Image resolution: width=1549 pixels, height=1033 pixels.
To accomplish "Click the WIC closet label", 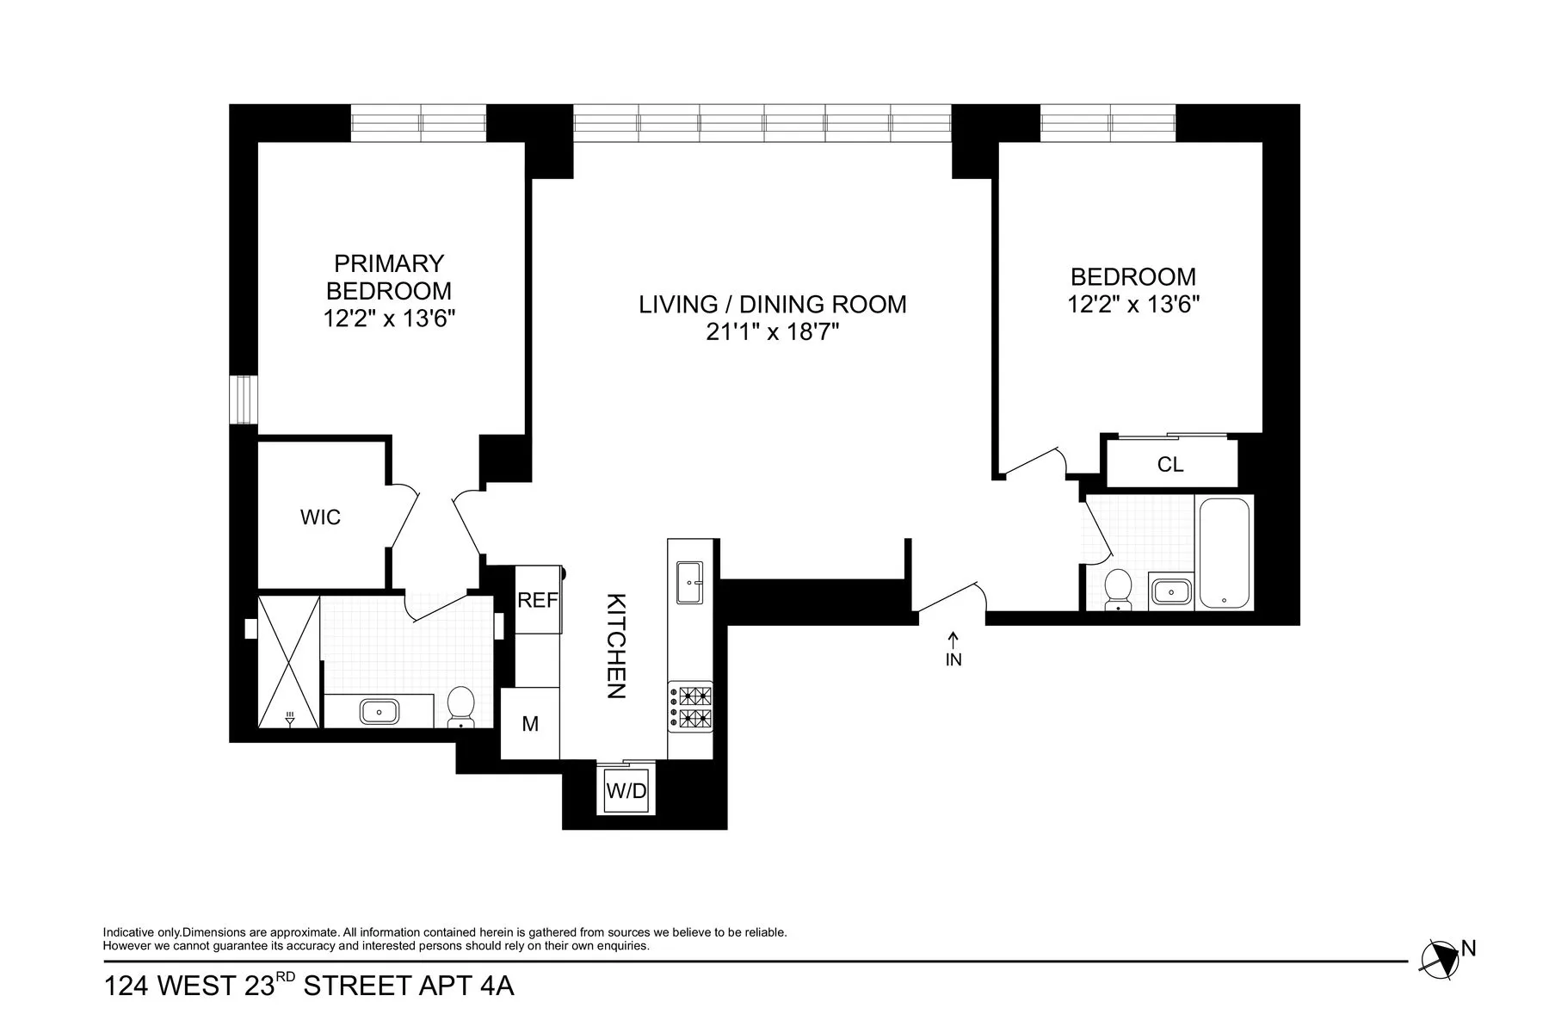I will point(320,517).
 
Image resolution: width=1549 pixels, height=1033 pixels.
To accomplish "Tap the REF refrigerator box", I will point(538,600).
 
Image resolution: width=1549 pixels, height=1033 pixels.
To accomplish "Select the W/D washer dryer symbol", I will point(626,790).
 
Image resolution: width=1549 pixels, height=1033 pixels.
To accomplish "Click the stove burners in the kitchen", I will point(690,707).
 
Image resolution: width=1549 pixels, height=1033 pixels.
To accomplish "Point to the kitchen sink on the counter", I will point(689,583).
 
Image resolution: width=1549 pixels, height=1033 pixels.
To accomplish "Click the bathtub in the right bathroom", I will point(1224,553).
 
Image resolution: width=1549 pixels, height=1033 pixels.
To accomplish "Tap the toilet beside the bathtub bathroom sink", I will point(1118,590).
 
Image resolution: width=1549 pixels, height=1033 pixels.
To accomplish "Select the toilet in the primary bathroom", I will point(461,707).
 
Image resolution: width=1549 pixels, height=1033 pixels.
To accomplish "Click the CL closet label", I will point(1170,465).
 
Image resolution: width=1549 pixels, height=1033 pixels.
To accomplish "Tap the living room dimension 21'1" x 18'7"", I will point(772,332).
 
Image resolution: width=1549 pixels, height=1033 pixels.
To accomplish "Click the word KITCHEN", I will point(616,646).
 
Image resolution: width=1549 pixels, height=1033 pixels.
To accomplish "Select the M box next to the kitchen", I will point(530,724).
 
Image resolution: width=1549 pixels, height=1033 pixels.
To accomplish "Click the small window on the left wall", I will point(244,399).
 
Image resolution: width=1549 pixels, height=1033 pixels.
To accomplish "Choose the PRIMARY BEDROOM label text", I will point(389,276).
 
